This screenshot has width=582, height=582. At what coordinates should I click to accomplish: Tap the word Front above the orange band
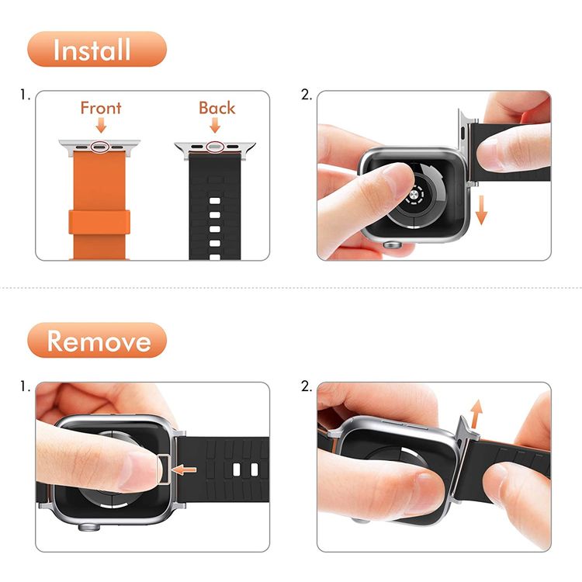pos(101,107)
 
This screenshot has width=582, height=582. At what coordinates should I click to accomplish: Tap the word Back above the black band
pos(217,107)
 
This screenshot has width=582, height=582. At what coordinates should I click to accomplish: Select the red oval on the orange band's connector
pos(101,145)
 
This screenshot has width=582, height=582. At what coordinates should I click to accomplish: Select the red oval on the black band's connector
pos(217,145)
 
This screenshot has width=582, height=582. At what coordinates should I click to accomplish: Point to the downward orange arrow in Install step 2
pos(482,210)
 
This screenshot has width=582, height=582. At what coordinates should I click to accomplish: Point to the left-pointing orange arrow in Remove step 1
pos(183,469)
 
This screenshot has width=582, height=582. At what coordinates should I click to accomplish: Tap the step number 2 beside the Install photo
pos(306,95)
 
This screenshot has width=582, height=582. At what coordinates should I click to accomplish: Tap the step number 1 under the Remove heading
pos(26,386)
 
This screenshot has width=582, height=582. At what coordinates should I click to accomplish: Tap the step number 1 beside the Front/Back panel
pos(26,95)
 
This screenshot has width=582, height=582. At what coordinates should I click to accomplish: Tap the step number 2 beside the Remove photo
pos(306,386)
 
